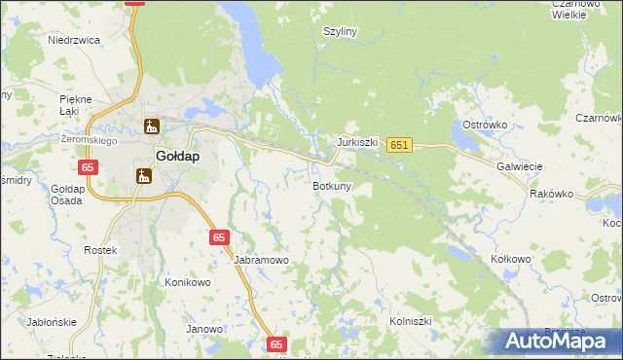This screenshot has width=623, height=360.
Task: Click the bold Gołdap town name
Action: [x=178, y=156]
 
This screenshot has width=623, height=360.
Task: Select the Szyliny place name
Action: [x=341, y=31]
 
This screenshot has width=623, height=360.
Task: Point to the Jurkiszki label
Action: [x=357, y=142]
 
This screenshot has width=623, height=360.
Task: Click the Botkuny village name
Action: [x=332, y=185]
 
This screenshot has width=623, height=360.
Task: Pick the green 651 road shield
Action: [x=399, y=145]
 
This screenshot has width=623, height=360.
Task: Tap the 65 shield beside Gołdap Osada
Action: [x=89, y=167]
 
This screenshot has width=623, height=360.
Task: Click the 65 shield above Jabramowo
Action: [x=219, y=236]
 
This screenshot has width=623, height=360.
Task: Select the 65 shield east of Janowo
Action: [x=277, y=343]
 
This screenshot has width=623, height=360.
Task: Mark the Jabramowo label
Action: [x=262, y=261]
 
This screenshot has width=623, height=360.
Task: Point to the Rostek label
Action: [x=100, y=251]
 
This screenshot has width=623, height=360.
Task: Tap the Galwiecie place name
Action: [x=519, y=166]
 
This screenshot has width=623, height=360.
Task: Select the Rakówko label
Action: [x=551, y=194]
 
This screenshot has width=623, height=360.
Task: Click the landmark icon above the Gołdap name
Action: [x=151, y=126]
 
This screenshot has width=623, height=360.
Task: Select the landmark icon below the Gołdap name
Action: [x=144, y=176]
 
